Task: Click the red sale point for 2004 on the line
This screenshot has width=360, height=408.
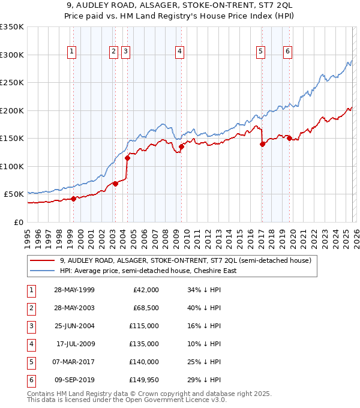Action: tap(127, 158)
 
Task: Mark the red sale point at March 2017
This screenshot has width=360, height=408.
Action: tap(262, 144)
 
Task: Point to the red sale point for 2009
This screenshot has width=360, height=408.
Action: tap(181, 146)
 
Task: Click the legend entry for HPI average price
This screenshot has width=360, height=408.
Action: tap(148, 271)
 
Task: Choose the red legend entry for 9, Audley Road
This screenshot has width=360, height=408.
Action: tap(185, 261)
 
